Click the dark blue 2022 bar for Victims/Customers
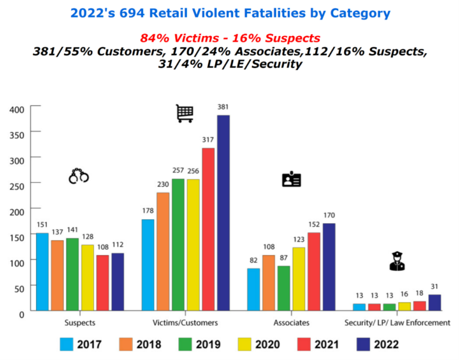click(223, 212)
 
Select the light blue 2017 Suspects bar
click(42, 271)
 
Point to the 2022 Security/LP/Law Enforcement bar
click(434, 303)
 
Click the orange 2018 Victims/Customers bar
click(163, 251)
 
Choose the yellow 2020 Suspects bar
click(87, 277)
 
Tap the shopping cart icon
click(185, 114)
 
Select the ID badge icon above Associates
click(291, 179)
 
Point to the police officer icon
click(397, 261)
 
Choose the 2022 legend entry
click(377, 344)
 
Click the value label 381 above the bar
click(223, 107)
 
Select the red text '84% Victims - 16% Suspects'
click(230, 38)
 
